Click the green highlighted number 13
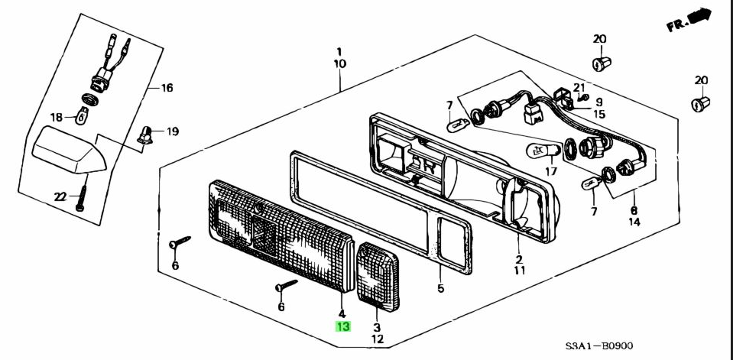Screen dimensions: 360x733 pyautogui.click(x=342, y=326)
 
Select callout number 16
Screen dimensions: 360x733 pyautogui.click(x=166, y=88)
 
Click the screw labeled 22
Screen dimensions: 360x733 pyautogui.click(x=81, y=199)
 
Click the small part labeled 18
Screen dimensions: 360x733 pyautogui.click(x=82, y=115)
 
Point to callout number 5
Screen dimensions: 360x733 pyautogui.click(x=440, y=289)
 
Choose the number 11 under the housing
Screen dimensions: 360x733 pyautogui.click(x=518, y=271)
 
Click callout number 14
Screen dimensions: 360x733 pyautogui.click(x=633, y=223)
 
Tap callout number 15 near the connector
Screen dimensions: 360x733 pyautogui.click(x=598, y=114)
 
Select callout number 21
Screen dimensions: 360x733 pyautogui.click(x=579, y=87)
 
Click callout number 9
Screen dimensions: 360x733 pyautogui.click(x=599, y=102)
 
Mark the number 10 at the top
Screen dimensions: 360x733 pyautogui.click(x=339, y=64)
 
